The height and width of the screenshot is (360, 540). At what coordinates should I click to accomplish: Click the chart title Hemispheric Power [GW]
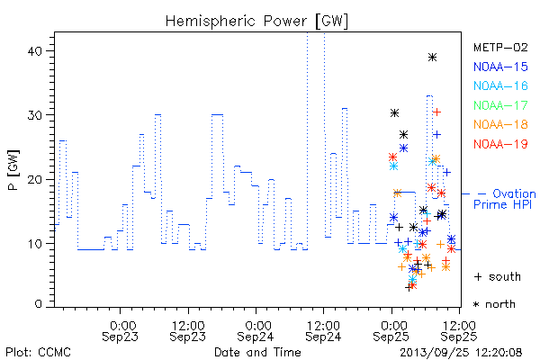coord(256,21)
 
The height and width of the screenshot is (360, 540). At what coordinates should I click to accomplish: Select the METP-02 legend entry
coord(500,48)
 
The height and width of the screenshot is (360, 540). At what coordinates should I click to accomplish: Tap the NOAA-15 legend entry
coord(500,67)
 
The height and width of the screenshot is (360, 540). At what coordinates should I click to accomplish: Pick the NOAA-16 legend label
coord(500,85)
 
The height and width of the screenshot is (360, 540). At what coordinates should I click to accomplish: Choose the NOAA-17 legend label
coord(500,105)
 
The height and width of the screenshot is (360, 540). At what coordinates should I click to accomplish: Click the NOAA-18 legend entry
coord(500,124)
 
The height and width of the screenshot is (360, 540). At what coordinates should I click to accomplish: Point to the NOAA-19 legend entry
coord(500,144)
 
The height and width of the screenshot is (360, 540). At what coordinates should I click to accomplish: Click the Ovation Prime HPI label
coord(505,199)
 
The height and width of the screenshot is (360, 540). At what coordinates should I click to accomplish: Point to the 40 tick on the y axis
coord(34,51)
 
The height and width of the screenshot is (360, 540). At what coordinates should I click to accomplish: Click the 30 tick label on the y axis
coord(34,115)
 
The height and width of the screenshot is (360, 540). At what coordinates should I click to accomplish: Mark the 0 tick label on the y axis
coord(38,304)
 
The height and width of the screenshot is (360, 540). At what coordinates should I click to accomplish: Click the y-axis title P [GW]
coord(13,170)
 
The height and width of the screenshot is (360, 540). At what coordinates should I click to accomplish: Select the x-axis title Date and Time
coord(257,353)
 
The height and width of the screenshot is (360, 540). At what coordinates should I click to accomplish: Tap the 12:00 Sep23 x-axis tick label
coord(188,331)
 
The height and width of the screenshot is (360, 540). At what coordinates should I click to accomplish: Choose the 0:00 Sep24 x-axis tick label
coord(256,331)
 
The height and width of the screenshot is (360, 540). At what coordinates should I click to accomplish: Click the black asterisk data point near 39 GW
coord(433,58)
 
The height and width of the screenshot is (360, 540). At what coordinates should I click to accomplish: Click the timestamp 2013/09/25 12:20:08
coord(461,353)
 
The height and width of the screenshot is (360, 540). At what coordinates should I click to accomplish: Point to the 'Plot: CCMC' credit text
coord(38,353)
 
